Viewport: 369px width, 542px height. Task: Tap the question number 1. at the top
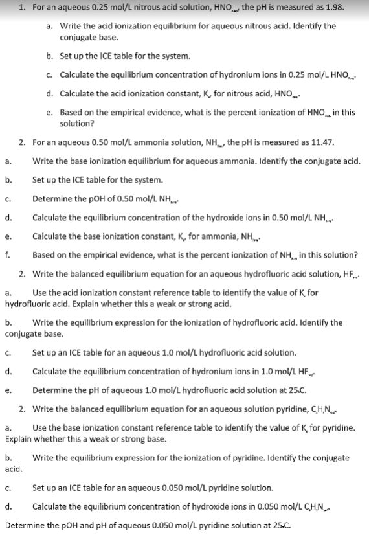[23, 8]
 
